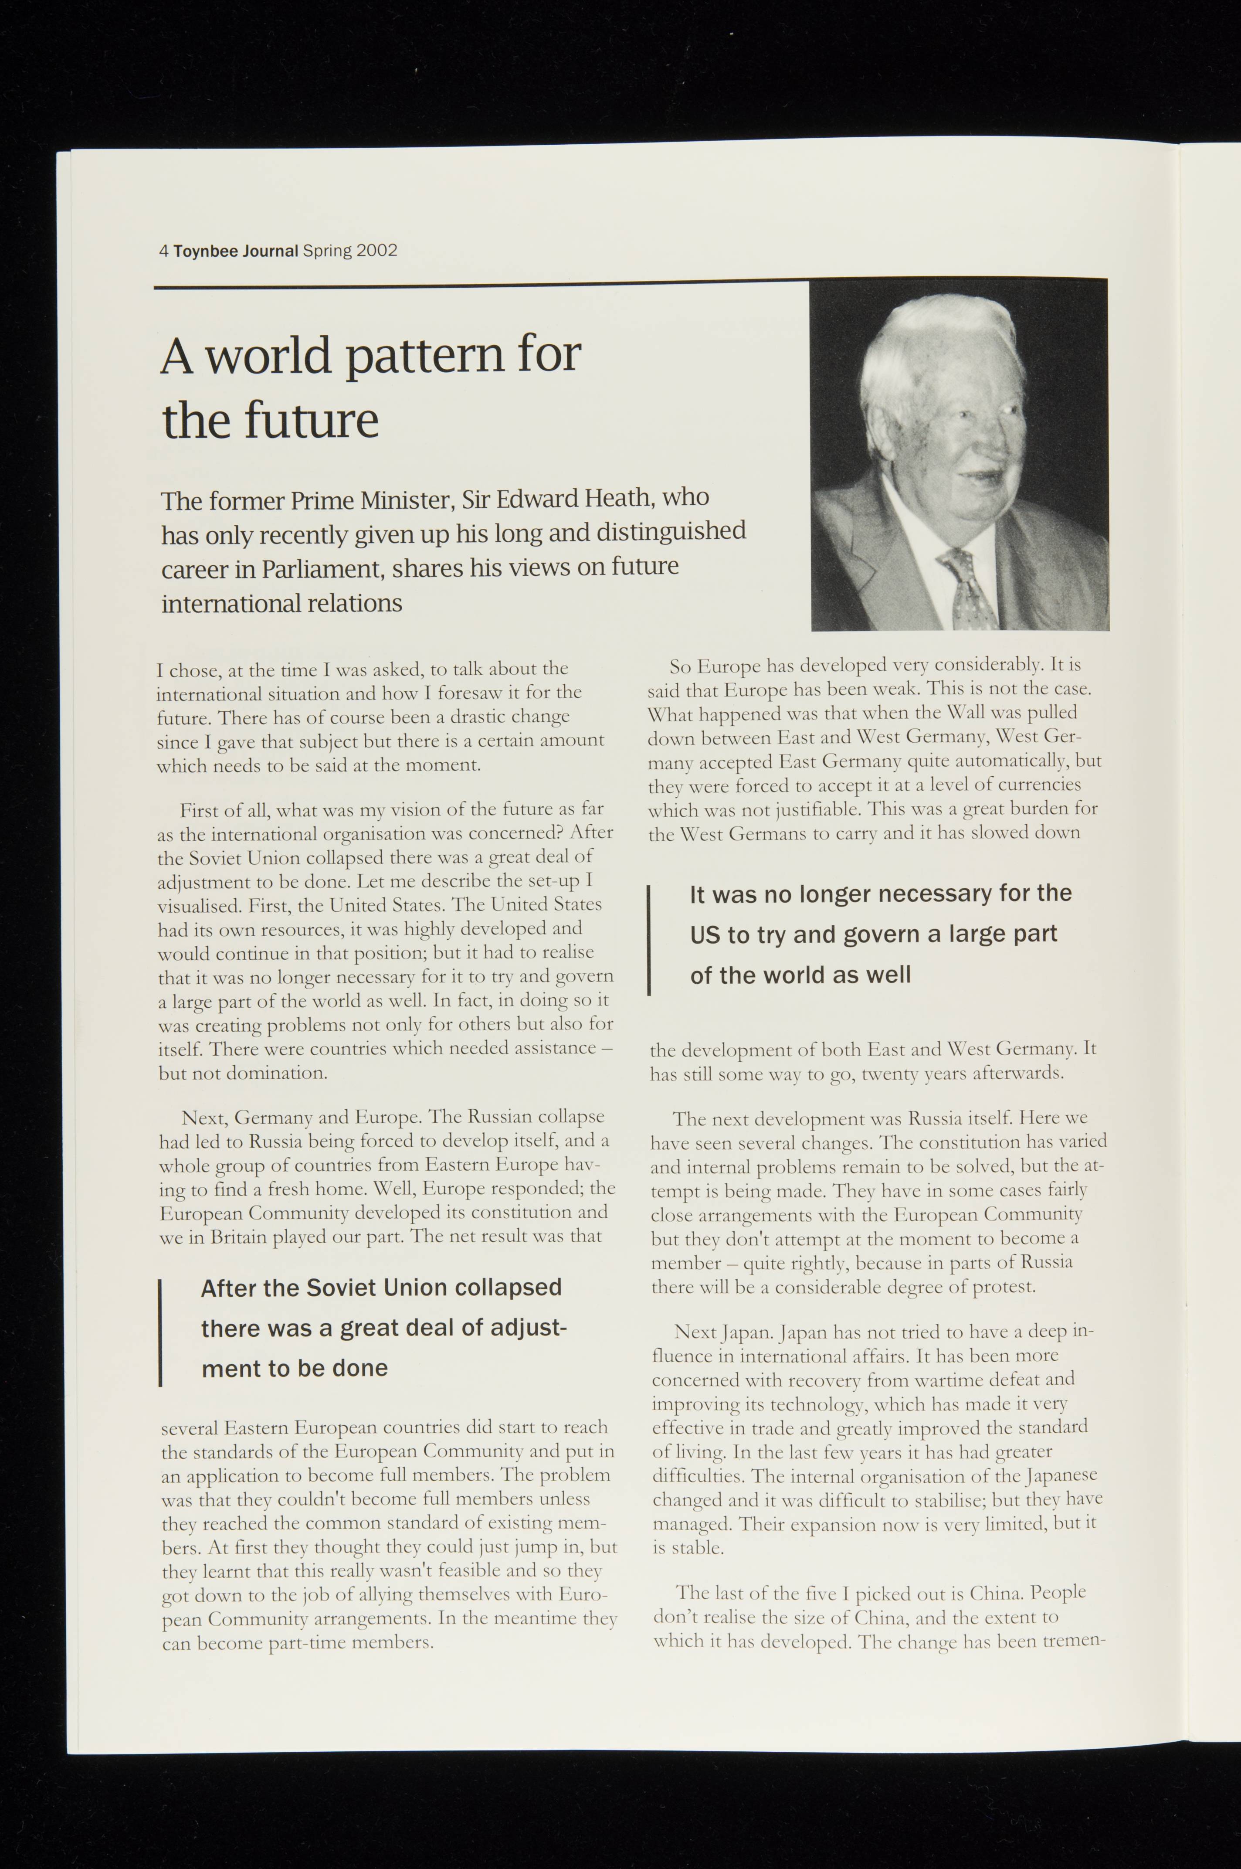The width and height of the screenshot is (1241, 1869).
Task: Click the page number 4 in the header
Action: click(163, 252)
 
